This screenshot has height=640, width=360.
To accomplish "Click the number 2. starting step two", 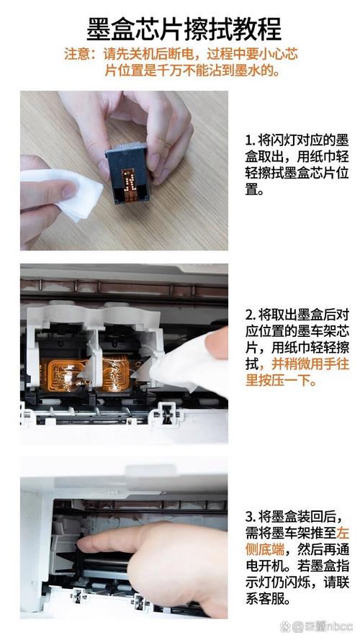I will point(250,315).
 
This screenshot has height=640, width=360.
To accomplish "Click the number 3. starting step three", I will point(250,517).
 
